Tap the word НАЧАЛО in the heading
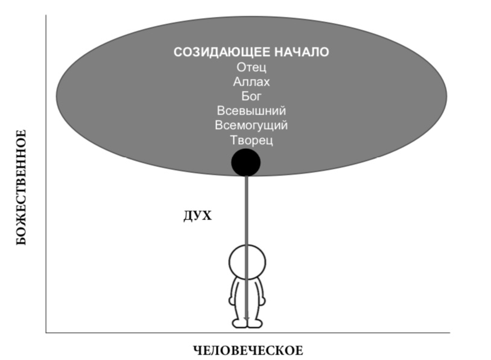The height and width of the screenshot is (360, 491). pyautogui.click(x=302, y=52)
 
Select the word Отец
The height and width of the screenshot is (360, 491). pyautogui.click(x=251, y=68)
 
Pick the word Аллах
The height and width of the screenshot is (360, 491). pyautogui.click(x=251, y=81)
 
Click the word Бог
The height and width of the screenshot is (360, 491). pyautogui.click(x=251, y=96)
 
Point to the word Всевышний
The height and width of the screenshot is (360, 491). pyautogui.click(x=251, y=111)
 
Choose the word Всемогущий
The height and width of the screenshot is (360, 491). pyautogui.click(x=251, y=125)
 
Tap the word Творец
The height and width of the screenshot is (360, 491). pyautogui.click(x=251, y=140)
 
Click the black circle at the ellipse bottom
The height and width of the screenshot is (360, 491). pyautogui.click(x=246, y=162)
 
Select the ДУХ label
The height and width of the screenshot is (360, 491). pyautogui.click(x=198, y=216)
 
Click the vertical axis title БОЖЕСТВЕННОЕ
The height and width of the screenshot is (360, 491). pyautogui.click(x=21, y=187)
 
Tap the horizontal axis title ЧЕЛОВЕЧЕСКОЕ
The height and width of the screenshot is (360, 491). pyautogui.click(x=248, y=350)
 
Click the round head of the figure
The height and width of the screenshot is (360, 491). pyautogui.click(x=247, y=262)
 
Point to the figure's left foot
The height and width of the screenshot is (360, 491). pyautogui.click(x=238, y=323)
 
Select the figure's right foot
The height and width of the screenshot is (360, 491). pyautogui.click(x=255, y=323)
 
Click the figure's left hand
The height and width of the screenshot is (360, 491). pyautogui.click(x=232, y=300)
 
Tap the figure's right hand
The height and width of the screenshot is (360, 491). pyautogui.click(x=262, y=300)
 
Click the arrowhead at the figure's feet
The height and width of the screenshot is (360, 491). pyautogui.click(x=247, y=319)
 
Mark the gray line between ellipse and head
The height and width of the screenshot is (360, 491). pyautogui.click(x=247, y=210)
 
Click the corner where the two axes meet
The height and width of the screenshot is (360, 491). pyautogui.click(x=46, y=332)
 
